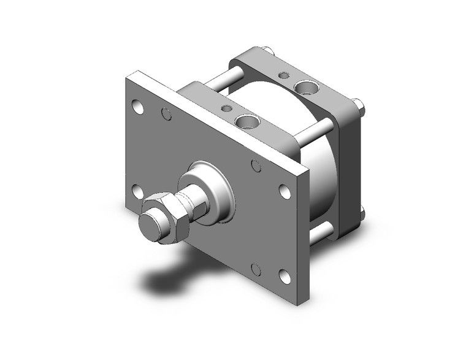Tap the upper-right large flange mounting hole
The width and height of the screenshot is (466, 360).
pos(286,191)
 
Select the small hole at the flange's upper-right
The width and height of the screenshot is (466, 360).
pos(256,166)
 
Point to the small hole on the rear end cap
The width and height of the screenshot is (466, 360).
pos(284,76)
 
